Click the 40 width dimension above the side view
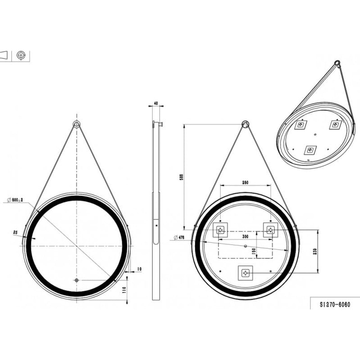[156, 103]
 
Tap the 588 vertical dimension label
[182, 177]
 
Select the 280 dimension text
[245, 183]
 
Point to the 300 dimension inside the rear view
[245, 237]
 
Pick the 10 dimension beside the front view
[139, 269]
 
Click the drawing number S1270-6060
[335, 305]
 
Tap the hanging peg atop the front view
[76, 124]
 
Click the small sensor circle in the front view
[76, 280]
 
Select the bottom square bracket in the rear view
[246, 273]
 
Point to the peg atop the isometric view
[337, 63]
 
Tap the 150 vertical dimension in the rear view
[254, 251]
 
